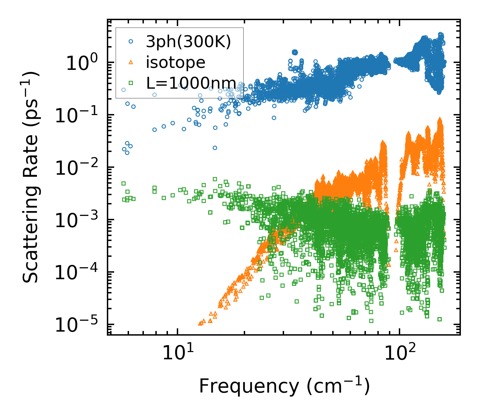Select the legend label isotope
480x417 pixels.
176,62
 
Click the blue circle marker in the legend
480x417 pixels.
131,42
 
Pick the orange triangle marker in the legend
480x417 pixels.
131,62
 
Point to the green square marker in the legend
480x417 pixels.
131,83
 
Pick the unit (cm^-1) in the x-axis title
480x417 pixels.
338,386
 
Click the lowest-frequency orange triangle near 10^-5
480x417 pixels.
200,323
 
